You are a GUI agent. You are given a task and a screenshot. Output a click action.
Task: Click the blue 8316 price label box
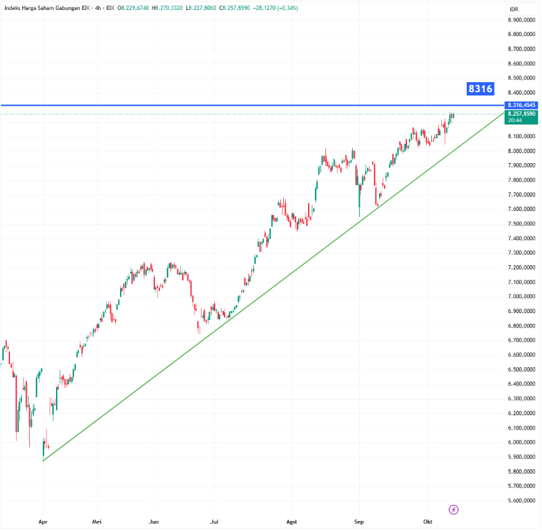click(480, 89)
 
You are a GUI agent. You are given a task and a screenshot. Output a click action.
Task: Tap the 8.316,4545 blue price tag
click(521, 105)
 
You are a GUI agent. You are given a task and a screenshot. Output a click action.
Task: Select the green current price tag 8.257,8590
click(521, 115)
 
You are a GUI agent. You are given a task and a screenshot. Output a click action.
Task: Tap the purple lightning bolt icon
click(454, 510)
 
